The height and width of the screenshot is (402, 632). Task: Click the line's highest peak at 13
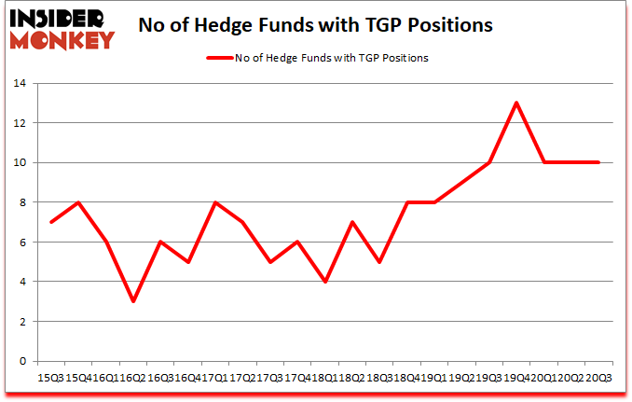[516, 103]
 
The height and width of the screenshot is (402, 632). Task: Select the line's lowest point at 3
[133, 301]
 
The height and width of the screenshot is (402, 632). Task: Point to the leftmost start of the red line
[51, 222]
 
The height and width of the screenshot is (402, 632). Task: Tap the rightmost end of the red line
[598, 162]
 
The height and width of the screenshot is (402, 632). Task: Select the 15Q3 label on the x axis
[50, 377]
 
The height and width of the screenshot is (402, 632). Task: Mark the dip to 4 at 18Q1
[325, 282]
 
